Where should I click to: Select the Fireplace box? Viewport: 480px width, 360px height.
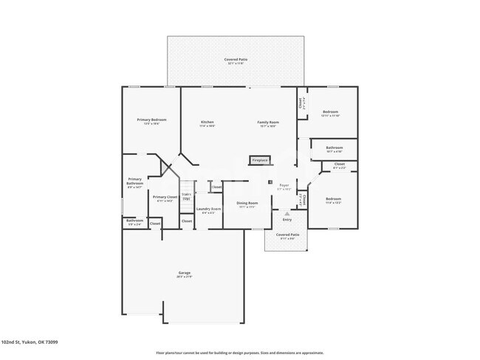[260, 159]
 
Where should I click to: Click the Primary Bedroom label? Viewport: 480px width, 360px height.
[151, 120]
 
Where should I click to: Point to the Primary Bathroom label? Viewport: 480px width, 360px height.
[134, 181]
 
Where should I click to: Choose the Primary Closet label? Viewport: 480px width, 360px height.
[165, 198]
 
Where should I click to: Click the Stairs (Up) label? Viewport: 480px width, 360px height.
[186, 197]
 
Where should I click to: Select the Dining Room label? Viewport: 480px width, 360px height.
[247, 204]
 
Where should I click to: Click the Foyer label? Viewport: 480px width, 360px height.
[284, 187]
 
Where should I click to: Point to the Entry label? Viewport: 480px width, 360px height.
[287, 219]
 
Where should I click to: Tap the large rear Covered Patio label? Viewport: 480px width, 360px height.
[236, 60]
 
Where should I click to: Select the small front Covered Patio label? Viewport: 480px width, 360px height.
[286, 236]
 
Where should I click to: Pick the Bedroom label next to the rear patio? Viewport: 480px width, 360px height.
[330, 114]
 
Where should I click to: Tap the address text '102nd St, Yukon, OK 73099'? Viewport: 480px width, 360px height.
[30, 342]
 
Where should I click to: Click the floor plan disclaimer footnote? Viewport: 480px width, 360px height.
[239, 353]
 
